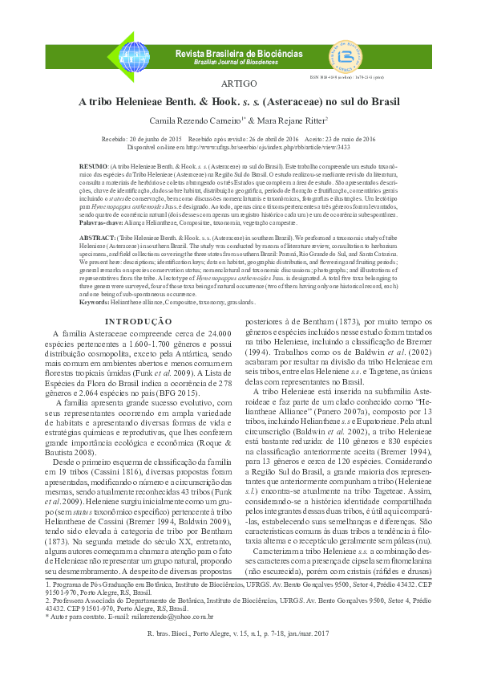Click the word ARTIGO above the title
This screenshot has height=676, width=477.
pyautogui.click(x=238, y=84)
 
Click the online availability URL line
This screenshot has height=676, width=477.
pyautogui.click(x=238, y=148)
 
